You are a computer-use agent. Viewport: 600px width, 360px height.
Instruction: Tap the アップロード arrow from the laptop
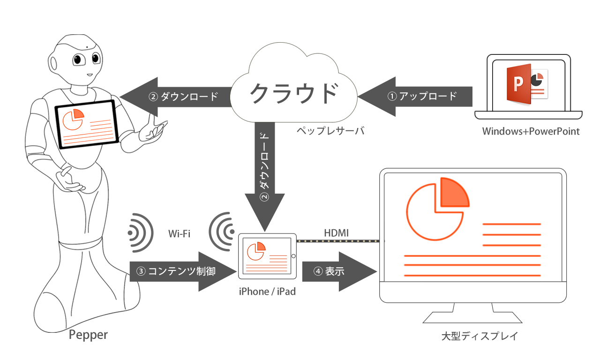[x=415, y=97]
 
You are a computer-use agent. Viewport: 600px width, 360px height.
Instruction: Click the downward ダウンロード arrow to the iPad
[x=265, y=177]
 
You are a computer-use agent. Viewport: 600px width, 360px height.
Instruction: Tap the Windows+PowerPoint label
[x=531, y=131]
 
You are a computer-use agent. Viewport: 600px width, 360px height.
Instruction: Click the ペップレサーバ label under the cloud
[x=330, y=131]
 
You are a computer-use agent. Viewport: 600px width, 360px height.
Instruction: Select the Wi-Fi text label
[x=179, y=233]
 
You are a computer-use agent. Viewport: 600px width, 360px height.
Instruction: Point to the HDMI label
[x=337, y=233]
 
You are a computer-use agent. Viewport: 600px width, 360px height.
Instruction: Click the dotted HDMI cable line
[x=338, y=241]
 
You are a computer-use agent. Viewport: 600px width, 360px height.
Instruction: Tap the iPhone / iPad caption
[x=267, y=292]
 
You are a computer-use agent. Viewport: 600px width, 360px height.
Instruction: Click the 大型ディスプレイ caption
[x=480, y=336]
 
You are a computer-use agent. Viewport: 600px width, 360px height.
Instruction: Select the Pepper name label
[x=88, y=335]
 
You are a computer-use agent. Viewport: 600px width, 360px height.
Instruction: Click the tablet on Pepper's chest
[x=87, y=125]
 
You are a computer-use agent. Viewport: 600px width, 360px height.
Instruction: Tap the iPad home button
[x=293, y=256]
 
